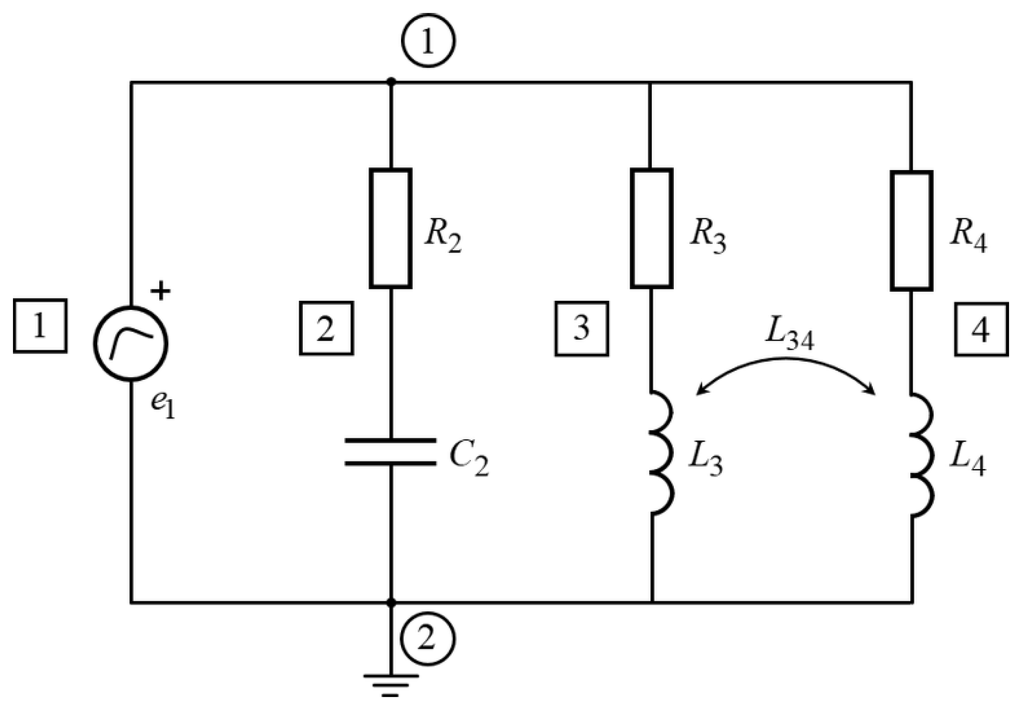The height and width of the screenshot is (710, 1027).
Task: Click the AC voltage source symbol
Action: (131, 344)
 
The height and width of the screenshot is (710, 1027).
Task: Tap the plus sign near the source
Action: (160, 291)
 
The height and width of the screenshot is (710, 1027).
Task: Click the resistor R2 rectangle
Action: (391, 229)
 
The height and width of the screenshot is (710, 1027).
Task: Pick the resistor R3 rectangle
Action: (651, 229)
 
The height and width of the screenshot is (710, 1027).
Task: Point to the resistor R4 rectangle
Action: (912, 231)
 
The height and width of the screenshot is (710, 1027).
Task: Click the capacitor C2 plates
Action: (391, 452)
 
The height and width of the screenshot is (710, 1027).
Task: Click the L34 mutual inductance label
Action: (790, 338)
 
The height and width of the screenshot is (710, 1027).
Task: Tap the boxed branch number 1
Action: (40, 326)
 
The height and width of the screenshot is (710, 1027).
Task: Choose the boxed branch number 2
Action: (326, 328)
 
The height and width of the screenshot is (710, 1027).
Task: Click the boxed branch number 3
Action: (582, 329)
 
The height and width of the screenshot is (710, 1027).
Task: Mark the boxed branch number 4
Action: (981, 329)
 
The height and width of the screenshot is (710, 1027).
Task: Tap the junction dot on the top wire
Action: (392, 81)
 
